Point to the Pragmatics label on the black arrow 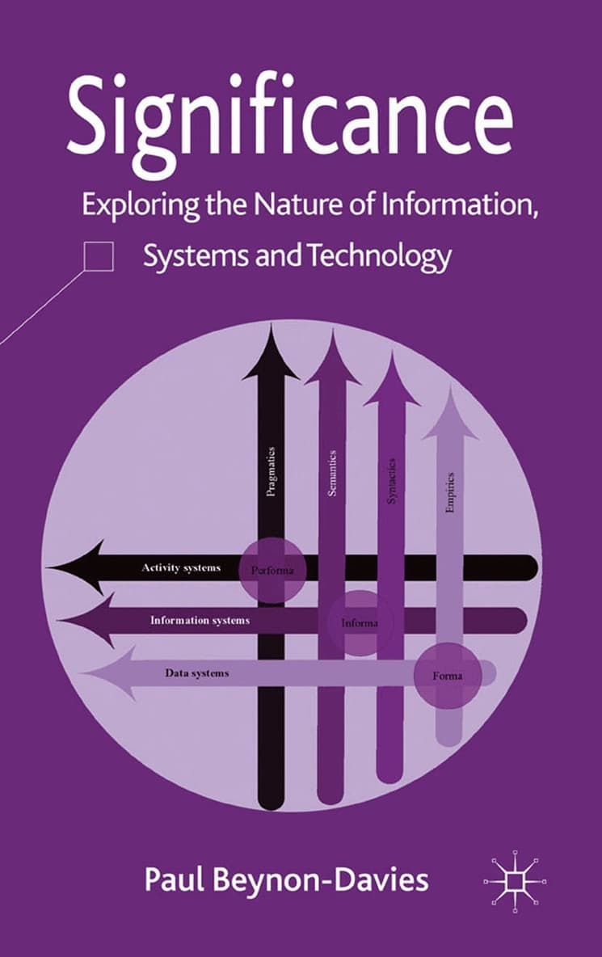pos(272,471)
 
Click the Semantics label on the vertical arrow pos(332,472)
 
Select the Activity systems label pos(181,567)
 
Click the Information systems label pos(200,621)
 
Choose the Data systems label pos(197,672)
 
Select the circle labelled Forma pos(448,676)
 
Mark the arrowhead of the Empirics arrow pos(451,414)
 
